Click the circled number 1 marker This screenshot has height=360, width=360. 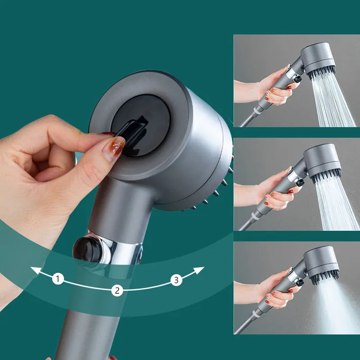(58, 279)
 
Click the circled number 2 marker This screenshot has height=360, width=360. (117, 290)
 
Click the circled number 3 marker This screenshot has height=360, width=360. (176, 280)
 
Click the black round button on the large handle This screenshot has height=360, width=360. (84, 248)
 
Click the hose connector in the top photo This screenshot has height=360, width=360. (261, 108)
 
